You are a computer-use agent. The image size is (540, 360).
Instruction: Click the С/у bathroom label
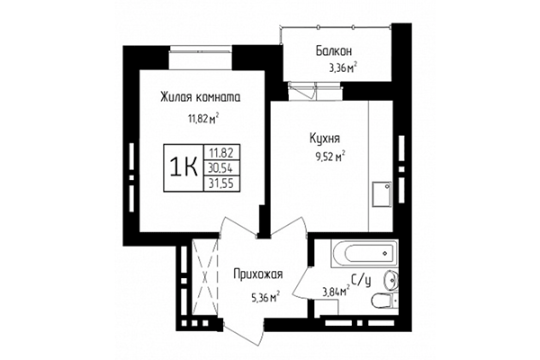(359, 281)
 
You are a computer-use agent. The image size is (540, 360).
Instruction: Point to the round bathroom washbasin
(390, 277)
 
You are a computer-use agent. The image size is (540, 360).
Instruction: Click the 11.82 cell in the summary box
(220, 153)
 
